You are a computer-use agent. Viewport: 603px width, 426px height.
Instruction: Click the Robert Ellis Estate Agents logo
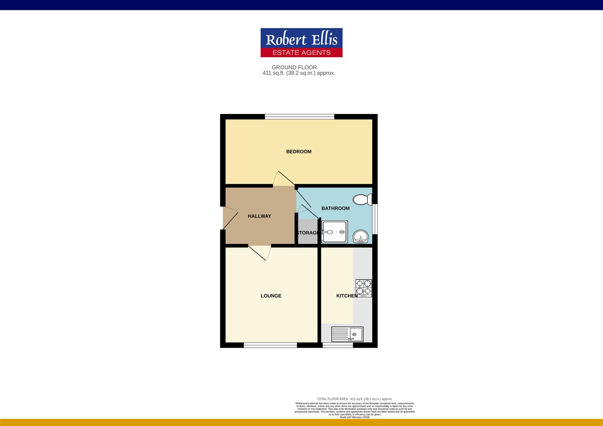point(301,43)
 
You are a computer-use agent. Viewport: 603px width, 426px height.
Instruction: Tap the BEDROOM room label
point(299,151)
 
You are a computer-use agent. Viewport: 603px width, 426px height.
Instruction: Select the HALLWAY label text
point(259,216)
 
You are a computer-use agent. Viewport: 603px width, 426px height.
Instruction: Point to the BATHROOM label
point(335,208)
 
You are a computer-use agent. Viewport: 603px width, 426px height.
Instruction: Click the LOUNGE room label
point(271,296)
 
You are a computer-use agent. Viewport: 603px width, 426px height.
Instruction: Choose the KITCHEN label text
point(346,296)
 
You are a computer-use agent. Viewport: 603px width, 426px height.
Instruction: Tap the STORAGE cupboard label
point(308,233)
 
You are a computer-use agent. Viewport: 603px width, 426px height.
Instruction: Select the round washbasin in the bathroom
point(361,237)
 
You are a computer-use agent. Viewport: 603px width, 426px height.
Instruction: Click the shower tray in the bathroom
point(335,232)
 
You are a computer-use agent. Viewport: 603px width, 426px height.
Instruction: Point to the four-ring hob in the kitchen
point(363,288)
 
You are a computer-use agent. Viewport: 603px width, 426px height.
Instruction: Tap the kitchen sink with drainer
point(347,334)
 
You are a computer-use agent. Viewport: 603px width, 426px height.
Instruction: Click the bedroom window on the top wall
point(300,116)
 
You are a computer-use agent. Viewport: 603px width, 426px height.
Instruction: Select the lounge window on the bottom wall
point(270,345)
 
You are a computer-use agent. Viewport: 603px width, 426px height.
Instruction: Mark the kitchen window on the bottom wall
point(338,345)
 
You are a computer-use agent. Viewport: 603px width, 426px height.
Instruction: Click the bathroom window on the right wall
point(375,219)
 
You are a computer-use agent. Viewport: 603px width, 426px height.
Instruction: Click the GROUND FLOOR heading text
point(294,67)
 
